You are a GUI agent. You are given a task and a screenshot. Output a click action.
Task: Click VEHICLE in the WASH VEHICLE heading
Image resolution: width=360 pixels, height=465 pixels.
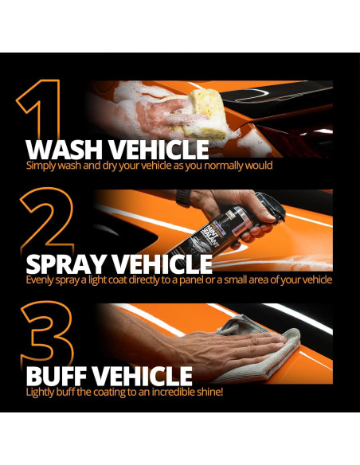click(159, 150)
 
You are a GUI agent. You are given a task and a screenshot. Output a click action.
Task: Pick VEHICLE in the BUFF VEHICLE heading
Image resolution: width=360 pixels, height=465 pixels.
click(145, 376)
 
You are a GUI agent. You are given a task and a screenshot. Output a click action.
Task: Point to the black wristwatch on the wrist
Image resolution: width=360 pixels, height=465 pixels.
click(183, 197)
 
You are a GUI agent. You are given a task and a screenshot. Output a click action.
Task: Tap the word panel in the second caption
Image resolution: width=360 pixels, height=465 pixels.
click(192, 280)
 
